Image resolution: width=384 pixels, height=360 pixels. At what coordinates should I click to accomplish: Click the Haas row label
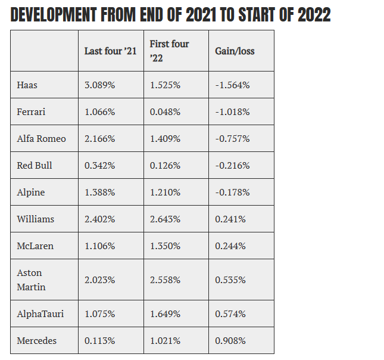coord(27,85)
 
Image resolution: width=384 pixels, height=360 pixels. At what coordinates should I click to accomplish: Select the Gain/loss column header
coord(235,51)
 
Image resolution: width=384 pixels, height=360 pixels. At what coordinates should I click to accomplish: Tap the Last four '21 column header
coord(110,51)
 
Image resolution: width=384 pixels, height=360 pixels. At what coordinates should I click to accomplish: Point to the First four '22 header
coord(169,51)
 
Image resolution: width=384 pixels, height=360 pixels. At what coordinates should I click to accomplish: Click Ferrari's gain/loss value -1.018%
coord(232,112)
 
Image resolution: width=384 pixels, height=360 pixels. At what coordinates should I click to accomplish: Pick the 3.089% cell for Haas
coord(99,85)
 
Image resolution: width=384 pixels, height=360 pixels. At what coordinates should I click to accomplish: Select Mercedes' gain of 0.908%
coord(230,340)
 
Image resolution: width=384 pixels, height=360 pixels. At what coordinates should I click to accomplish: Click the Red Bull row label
coord(35,166)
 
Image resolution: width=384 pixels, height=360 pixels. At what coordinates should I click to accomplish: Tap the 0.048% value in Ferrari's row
coord(165,112)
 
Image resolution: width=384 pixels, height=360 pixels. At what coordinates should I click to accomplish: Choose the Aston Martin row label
coord(31,280)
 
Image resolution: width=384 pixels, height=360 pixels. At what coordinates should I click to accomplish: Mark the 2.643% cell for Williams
coord(165,219)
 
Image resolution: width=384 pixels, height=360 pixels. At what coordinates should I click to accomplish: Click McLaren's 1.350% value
coord(165,246)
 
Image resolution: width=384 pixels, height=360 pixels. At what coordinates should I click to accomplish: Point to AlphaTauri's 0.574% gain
coord(230,314)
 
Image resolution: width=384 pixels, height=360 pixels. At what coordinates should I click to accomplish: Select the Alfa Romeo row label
coord(42,139)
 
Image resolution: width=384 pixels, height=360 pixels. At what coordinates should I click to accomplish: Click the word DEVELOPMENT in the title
coord(54,15)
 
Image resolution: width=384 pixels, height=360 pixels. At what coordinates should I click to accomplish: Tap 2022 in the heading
coord(314,15)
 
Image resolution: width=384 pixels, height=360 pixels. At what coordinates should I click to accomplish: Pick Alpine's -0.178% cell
coord(232,193)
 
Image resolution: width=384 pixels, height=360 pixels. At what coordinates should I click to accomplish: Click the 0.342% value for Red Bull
coord(99,166)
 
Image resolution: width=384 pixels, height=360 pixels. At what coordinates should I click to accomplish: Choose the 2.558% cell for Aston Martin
coord(165,280)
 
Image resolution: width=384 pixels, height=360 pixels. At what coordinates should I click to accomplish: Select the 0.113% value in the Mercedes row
coord(99,340)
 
